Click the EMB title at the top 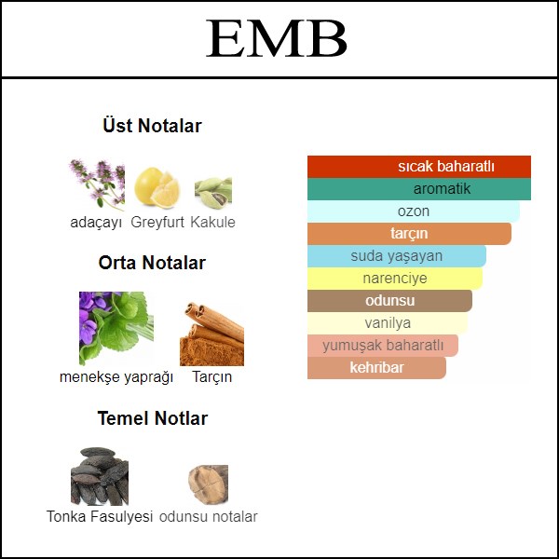pos(277,38)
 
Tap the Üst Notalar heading pos(152,126)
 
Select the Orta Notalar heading pos(152,263)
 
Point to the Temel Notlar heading pos(153,418)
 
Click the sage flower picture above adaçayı pos(97,184)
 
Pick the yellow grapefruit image pos(157,188)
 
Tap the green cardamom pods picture pos(213,193)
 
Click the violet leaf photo pos(116,328)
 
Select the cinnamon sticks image pos(211,334)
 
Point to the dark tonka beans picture pos(100,476)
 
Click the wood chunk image pos(208,484)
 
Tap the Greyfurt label pos(157,222)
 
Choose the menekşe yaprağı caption pos(116,376)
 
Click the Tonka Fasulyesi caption pos(100,516)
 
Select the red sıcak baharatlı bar pos(419,167)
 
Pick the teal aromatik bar pos(419,189)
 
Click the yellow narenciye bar pos(395,278)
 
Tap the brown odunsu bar pos(389,301)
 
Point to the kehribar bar pos(376,368)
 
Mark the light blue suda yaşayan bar pos(397,256)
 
